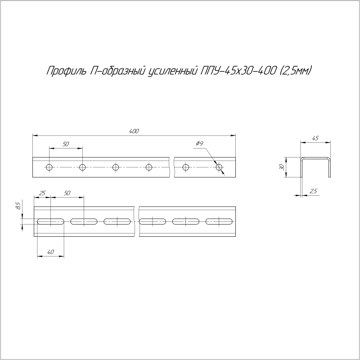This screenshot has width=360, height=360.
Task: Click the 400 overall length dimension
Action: [134, 131]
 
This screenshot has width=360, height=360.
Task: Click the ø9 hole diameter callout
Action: [200, 144]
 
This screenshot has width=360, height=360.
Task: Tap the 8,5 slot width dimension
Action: [18, 206]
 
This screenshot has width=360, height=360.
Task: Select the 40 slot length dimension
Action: [50, 252]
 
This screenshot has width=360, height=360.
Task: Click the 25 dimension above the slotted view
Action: [42, 193]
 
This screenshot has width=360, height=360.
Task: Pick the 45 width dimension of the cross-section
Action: [315, 139]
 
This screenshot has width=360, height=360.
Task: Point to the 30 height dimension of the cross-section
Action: [282, 167]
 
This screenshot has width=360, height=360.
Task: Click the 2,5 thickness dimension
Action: [314, 192]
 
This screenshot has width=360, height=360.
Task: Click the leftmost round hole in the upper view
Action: [49, 168]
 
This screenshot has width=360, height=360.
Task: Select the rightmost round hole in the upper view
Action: [219, 168]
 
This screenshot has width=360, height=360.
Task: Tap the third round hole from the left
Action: [116, 168]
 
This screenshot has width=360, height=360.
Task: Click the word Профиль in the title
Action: [63, 71]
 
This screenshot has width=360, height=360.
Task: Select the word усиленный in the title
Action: [173, 71]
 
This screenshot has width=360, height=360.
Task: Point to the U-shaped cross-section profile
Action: [316, 166]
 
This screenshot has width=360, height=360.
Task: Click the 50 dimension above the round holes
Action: [66, 144]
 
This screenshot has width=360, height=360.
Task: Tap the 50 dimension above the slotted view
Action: [67, 193]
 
